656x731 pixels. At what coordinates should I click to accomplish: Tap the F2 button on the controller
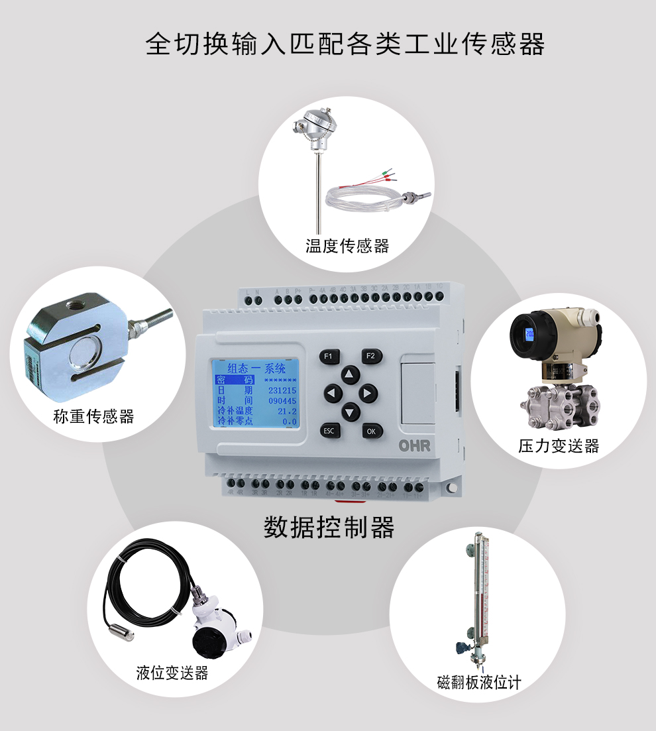click(371, 356)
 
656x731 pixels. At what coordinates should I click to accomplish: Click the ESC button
click(328, 431)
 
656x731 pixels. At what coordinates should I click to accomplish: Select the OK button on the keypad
click(372, 431)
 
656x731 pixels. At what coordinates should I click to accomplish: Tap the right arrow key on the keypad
click(368, 394)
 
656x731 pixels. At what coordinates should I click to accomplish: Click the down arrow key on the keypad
click(350, 412)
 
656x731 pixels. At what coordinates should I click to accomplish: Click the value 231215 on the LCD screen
click(282, 391)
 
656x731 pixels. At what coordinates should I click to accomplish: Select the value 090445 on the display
click(282, 401)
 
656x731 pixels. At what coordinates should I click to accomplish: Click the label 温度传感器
click(347, 247)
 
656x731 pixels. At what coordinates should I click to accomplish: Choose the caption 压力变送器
click(559, 446)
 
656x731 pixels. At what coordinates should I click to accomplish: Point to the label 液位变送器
click(172, 673)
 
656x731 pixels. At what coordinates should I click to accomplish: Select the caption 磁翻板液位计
click(479, 683)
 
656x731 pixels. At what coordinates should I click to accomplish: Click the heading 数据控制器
click(329, 528)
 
